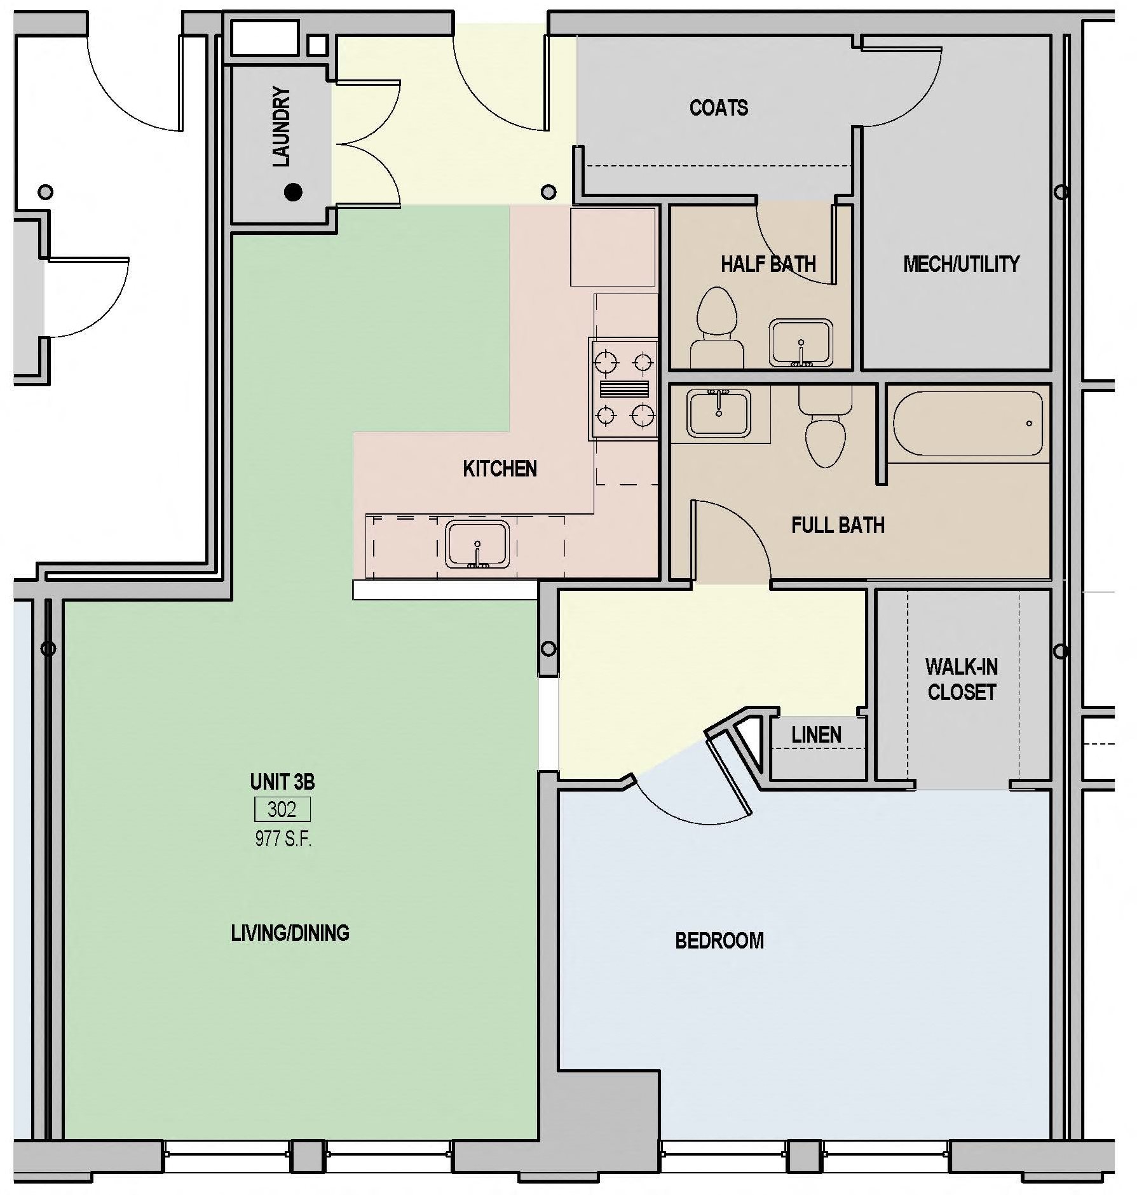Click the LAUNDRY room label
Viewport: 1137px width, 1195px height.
point(281,127)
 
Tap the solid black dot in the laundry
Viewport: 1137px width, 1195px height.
point(293,191)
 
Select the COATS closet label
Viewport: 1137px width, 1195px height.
point(718,107)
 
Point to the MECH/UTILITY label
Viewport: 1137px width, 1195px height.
point(960,264)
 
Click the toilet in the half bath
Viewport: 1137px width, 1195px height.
point(717,329)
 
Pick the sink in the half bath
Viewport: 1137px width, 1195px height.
point(801,343)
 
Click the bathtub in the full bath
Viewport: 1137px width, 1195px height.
point(967,423)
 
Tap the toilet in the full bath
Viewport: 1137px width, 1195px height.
point(825,427)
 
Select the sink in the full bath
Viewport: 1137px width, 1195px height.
point(718,413)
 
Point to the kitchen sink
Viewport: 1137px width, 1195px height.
point(477,544)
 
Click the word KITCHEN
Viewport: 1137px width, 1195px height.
point(500,469)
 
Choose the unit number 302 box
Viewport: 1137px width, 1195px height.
point(282,809)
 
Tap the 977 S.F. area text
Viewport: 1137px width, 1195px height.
point(283,839)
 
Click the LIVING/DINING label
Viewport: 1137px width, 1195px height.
point(290,933)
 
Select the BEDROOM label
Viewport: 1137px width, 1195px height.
point(719,940)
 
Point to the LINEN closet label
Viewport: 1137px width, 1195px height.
point(816,735)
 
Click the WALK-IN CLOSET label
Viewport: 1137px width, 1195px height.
point(961,679)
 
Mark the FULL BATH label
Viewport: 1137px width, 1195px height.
point(837,525)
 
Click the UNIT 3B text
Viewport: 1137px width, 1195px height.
point(282,781)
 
